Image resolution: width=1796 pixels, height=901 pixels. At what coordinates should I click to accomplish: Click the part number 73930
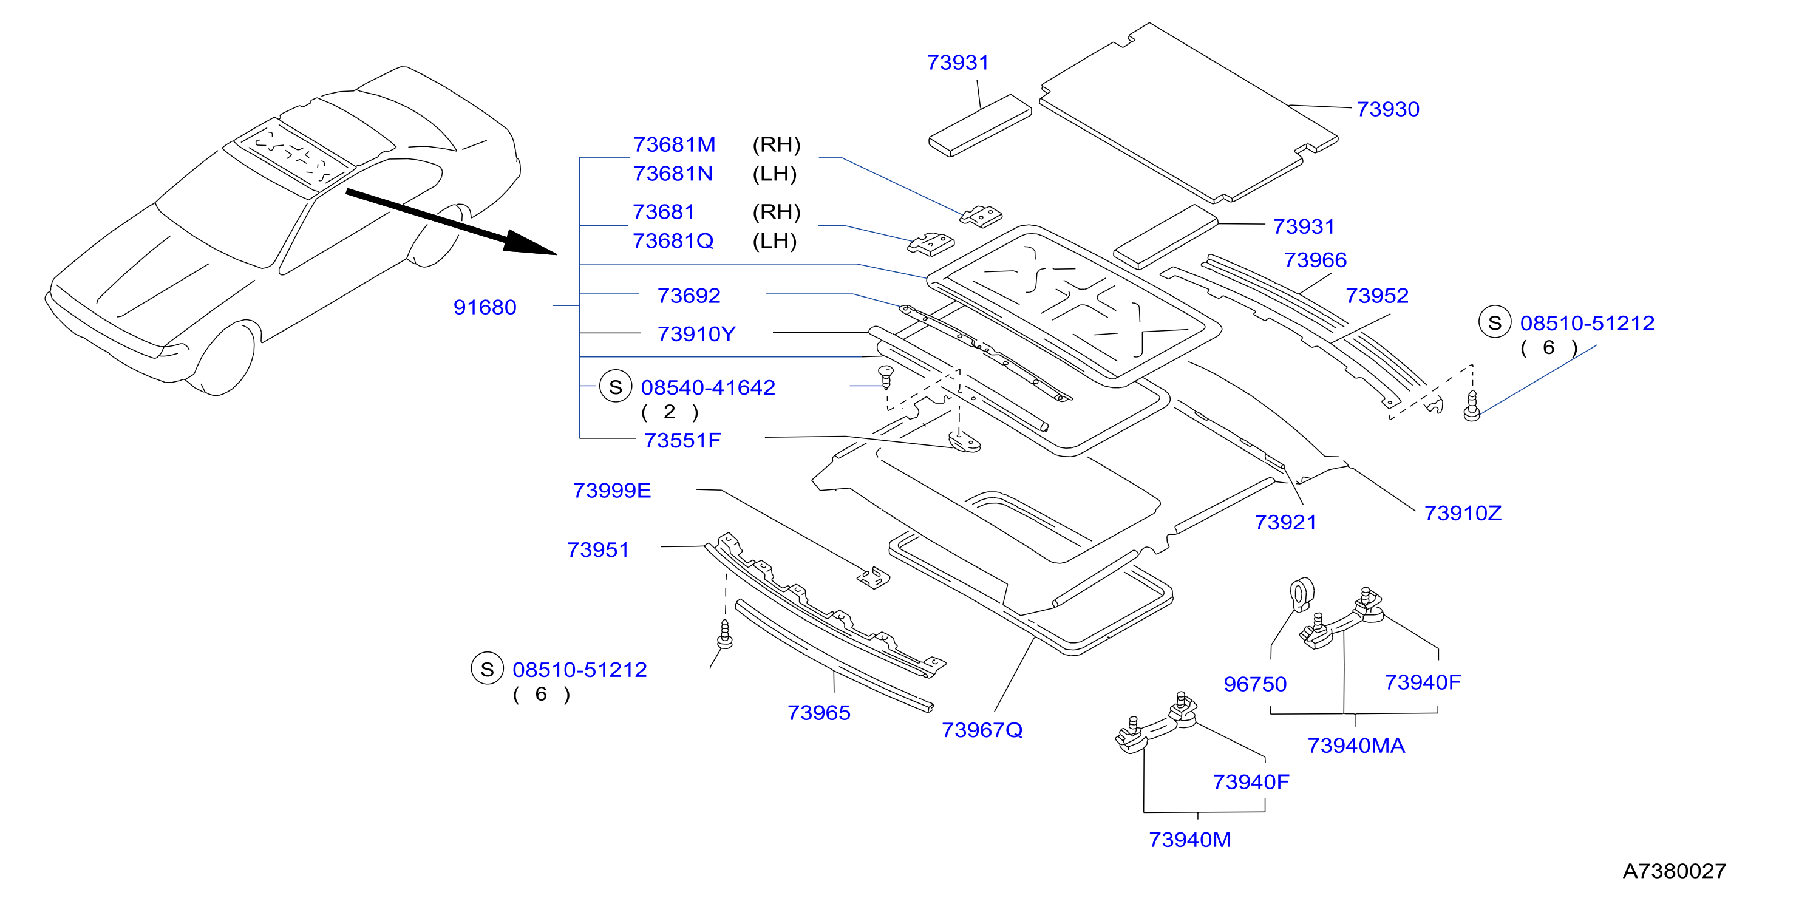point(1387,109)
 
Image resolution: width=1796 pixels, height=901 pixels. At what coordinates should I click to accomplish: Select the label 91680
point(485,308)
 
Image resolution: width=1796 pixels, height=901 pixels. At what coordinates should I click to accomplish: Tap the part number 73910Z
point(1463,513)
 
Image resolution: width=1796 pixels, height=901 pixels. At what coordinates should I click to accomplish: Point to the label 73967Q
point(982,730)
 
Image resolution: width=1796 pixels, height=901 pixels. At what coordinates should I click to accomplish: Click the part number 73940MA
point(1356,746)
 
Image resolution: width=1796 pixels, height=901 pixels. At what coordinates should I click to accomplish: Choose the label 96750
point(1255,684)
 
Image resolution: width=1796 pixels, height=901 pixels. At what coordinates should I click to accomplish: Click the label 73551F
point(682,441)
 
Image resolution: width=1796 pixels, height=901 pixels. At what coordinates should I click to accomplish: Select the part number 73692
point(689,296)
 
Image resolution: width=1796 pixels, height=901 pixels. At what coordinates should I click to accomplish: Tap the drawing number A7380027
point(1675,871)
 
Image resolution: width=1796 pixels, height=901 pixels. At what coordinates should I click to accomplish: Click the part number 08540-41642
point(708,388)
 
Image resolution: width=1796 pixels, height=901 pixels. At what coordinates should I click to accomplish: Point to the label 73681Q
point(673,241)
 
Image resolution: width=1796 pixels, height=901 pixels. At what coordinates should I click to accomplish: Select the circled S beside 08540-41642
point(615,387)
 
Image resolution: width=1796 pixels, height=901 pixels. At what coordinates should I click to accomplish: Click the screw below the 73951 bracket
point(724,634)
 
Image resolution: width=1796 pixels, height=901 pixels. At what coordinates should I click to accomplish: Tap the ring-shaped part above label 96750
point(1302,595)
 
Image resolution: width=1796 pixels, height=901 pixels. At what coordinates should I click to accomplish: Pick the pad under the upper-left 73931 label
point(979,126)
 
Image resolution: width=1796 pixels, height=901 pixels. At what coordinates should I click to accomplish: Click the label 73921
point(1285,523)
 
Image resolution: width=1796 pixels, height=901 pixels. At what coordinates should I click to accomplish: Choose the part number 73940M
point(1189,840)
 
